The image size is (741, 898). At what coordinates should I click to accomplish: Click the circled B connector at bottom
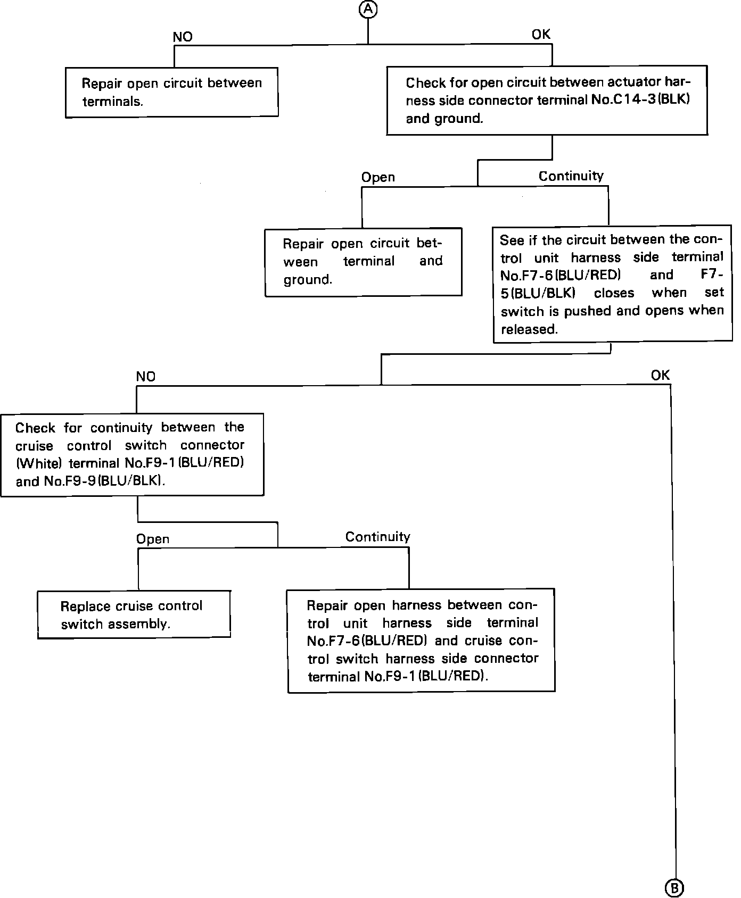(x=674, y=887)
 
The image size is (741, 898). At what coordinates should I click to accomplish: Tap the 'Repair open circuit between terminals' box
(x=171, y=92)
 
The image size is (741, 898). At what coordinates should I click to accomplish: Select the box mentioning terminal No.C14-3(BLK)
(x=547, y=100)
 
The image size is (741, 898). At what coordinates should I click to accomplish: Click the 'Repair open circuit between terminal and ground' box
(x=363, y=262)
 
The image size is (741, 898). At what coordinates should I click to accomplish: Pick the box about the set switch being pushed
(x=612, y=284)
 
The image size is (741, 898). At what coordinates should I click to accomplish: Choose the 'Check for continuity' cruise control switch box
(x=132, y=454)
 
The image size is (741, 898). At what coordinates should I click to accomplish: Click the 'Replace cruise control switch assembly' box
(x=134, y=614)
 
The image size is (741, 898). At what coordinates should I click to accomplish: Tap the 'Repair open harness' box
(x=421, y=641)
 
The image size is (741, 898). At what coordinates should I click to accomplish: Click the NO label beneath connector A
(x=183, y=37)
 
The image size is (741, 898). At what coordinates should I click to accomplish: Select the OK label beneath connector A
(x=541, y=35)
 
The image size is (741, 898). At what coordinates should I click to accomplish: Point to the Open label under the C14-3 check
(x=378, y=177)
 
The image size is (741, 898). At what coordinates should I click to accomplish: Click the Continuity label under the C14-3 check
(x=571, y=176)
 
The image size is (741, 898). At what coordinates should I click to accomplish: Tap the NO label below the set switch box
(x=146, y=377)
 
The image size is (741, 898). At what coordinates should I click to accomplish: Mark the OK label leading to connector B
(x=660, y=376)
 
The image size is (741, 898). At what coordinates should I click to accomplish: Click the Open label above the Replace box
(x=153, y=539)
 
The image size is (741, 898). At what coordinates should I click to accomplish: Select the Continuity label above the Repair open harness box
(x=377, y=537)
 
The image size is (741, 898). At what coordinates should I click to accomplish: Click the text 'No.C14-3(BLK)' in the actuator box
(x=640, y=100)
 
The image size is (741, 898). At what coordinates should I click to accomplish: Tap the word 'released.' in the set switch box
(x=529, y=329)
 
